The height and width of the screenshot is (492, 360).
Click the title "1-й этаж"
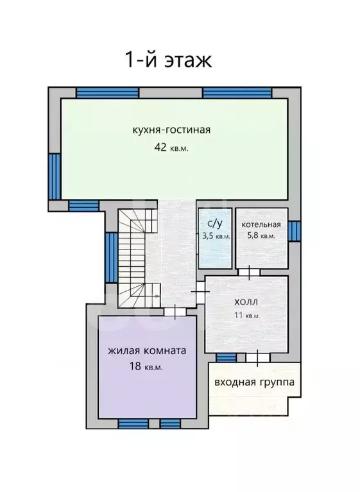tap(169, 59)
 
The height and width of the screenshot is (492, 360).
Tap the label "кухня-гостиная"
tap(171, 130)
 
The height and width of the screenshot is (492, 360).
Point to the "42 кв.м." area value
tap(171, 148)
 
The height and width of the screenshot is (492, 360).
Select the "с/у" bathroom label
tap(215, 223)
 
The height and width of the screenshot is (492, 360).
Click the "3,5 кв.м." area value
tap(216, 236)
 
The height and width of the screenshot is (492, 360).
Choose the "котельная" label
tap(261, 225)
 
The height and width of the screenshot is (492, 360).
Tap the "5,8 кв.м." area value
tap(261, 235)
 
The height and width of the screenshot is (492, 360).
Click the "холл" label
tap(246, 302)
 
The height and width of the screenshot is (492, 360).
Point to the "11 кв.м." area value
tap(247, 315)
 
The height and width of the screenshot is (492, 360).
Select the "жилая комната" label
tap(147, 351)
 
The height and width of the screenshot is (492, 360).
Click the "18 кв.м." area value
tap(146, 366)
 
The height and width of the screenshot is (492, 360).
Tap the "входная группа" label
tap(255, 382)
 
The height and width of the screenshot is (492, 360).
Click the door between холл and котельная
tap(249, 273)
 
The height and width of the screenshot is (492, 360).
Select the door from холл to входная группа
tap(258, 358)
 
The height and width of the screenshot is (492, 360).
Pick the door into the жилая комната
tap(175, 311)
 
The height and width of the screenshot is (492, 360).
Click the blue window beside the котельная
tap(295, 231)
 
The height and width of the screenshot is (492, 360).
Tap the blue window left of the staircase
tap(112, 258)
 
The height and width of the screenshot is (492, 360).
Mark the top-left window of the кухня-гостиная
tap(108, 93)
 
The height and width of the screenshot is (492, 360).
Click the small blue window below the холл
tap(227, 358)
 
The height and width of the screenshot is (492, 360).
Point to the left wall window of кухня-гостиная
tap(55, 176)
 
